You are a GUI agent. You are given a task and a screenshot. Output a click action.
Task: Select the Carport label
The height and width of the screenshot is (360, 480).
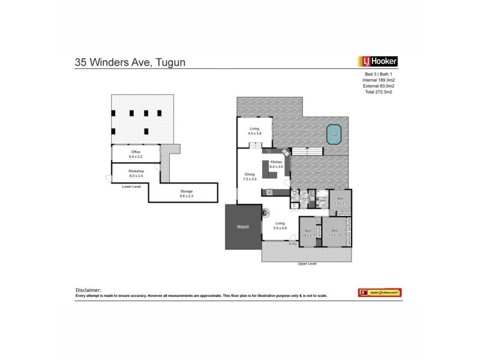[x=242, y=227]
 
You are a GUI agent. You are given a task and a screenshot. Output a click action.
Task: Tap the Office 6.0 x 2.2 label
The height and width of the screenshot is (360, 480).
[x=136, y=154]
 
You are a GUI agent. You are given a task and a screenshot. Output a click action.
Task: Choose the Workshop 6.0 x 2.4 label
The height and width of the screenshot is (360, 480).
[x=136, y=173]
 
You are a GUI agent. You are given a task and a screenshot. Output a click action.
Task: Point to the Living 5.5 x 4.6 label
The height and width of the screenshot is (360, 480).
[x=280, y=225]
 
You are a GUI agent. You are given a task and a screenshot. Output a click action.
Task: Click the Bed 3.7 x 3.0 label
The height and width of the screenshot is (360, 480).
[x=335, y=233]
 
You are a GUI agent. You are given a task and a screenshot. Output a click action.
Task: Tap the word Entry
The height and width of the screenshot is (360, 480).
[x=293, y=244]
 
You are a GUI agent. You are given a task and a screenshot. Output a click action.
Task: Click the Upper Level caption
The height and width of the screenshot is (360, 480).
[x=307, y=264]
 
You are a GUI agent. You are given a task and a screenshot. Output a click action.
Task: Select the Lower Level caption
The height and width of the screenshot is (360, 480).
[x=131, y=187]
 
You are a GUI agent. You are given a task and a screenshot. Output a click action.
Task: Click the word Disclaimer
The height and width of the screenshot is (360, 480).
[x=89, y=289]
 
